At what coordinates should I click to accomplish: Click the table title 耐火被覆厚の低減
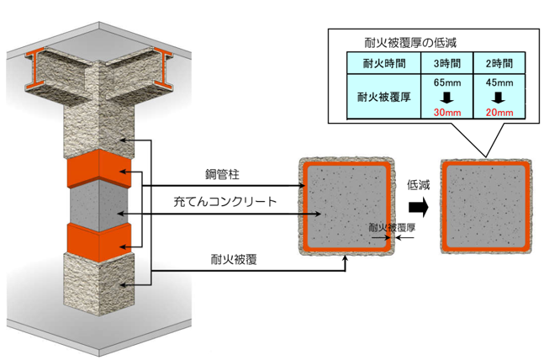click(x=410, y=43)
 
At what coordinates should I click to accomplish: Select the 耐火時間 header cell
click(x=384, y=64)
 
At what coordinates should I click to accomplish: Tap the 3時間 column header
click(x=447, y=64)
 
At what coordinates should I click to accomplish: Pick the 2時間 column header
click(x=499, y=64)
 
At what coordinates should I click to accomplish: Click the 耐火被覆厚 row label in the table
click(x=384, y=97)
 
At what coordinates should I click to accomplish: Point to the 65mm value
click(x=447, y=82)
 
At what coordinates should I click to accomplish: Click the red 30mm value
click(x=447, y=113)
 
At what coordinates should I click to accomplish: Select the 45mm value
click(x=499, y=82)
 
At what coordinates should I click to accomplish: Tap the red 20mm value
click(x=499, y=113)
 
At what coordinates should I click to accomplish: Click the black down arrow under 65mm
click(x=446, y=98)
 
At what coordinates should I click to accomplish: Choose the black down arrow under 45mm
click(x=499, y=98)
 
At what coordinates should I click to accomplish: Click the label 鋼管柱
click(x=222, y=174)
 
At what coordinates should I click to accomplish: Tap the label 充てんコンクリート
click(x=224, y=201)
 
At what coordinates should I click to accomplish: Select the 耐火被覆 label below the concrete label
click(x=234, y=259)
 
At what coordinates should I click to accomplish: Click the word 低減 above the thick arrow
click(x=418, y=185)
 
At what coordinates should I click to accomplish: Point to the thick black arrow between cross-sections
click(x=419, y=207)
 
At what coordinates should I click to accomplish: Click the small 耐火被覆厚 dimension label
click(x=392, y=228)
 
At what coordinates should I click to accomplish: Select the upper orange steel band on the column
click(x=99, y=169)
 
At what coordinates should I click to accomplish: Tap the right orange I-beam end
click(x=163, y=67)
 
